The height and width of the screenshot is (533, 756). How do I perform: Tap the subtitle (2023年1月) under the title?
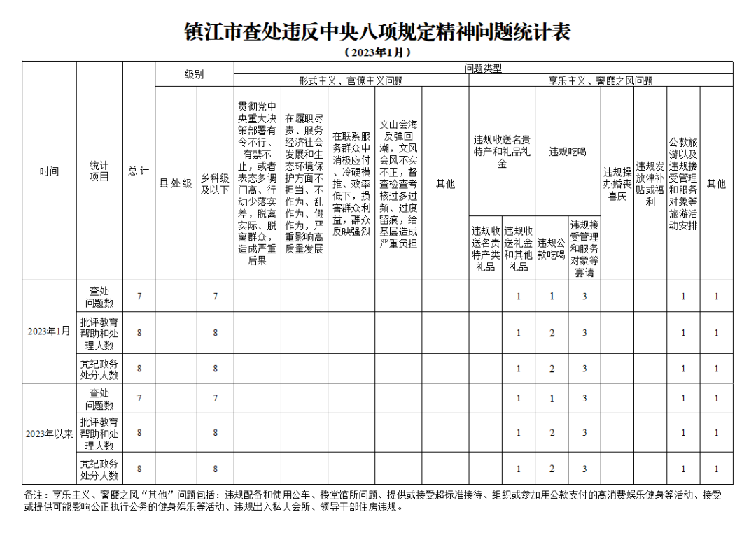coord(377,52)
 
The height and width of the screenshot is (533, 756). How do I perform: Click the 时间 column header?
coord(49,171)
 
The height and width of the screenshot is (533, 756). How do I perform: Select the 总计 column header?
coord(139,171)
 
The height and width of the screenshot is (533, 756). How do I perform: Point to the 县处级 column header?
coord(176,184)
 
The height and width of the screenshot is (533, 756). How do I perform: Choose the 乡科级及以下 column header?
coord(216,184)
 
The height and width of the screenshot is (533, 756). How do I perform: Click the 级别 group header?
coord(195,74)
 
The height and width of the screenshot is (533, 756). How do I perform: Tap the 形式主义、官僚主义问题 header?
coord(351,81)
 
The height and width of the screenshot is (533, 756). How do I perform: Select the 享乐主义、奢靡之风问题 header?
coord(601,81)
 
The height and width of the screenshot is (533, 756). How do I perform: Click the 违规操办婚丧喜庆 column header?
coord(617,184)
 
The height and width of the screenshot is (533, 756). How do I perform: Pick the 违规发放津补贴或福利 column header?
coord(650,184)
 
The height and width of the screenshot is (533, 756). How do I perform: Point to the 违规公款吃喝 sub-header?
coord(552,248)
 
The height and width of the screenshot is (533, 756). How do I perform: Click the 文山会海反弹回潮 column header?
coord(398,184)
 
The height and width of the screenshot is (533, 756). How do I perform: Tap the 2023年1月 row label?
coord(49,332)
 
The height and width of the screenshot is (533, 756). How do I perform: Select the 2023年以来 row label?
coord(49,434)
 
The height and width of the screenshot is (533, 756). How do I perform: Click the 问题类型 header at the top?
coord(483,68)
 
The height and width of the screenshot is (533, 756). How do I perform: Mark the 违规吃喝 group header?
coord(568,151)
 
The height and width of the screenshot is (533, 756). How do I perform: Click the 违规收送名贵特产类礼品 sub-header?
coord(486,248)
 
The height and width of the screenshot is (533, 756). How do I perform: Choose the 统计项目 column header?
coord(99,171)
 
